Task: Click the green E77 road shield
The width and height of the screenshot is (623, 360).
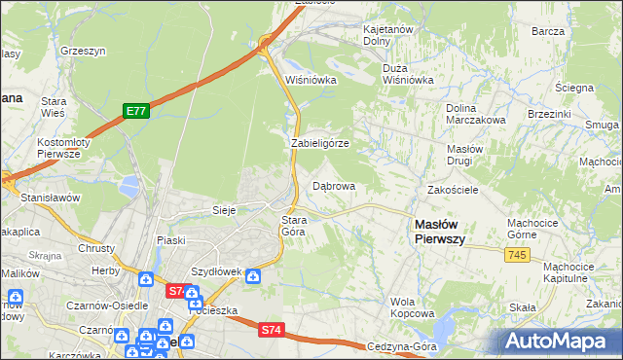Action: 135,112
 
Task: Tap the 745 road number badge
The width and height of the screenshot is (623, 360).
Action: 518,254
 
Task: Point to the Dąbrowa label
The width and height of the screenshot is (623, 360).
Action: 333,185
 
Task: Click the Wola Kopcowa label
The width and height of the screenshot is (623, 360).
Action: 412,307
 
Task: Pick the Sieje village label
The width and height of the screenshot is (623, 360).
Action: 225,209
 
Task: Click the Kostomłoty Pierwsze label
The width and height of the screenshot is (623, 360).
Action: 63,148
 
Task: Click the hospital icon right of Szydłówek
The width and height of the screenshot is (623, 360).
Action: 253,275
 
